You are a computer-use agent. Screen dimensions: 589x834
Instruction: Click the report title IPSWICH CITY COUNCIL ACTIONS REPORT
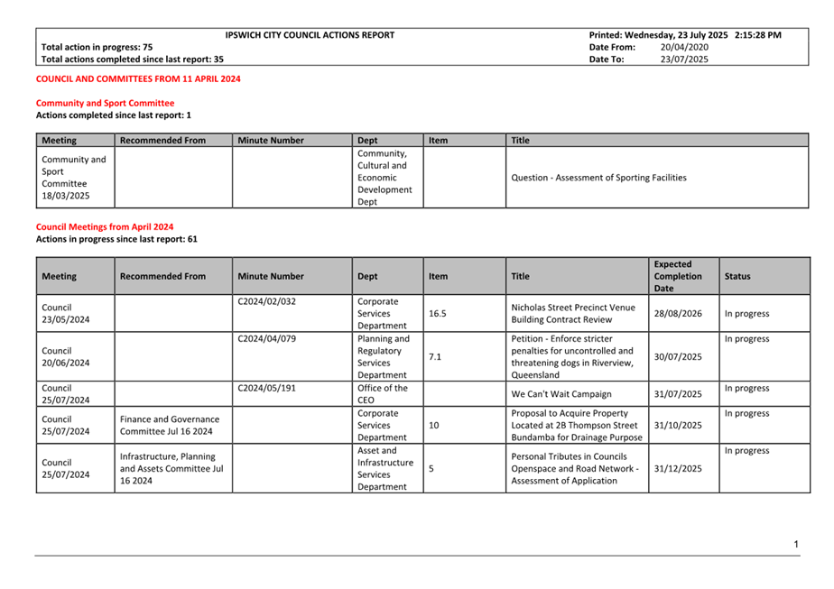pyautogui.click(x=310, y=35)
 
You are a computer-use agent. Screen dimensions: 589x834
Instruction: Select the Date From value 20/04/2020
pyautogui.click(x=684, y=47)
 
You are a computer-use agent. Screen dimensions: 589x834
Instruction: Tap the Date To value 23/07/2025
pyautogui.click(x=684, y=60)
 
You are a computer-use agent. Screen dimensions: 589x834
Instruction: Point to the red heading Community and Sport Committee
pyautogui.click(x=105, y=104)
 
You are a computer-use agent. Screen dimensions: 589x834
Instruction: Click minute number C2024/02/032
pyautogui.click(x=267, y=302)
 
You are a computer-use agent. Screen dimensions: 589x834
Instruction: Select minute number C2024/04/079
pyautogui.click(x=267, y=339)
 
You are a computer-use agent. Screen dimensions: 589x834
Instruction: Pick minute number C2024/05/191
pyautogui.click(x=267, y=389)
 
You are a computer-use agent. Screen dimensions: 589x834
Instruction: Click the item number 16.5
pyautogui.click(x=438, y=314)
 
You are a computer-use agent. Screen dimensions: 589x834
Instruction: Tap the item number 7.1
pyautogui.click(x=435, y=357)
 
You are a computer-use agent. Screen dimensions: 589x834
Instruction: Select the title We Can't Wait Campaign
pyautogui.click(x=561, y=394)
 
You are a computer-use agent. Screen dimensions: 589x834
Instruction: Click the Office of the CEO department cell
pyautogui.click(x=383, y=394)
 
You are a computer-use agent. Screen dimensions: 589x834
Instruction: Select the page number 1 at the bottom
pyautogui.click(x=797, y=544)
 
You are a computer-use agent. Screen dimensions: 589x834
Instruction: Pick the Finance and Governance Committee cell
pyautogui.click(x=170, y=425)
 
